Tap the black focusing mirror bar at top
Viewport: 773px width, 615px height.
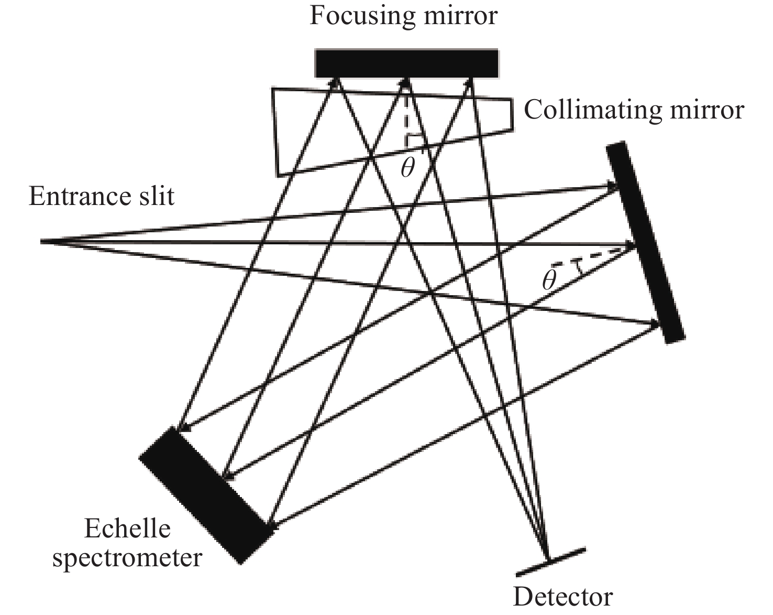406,63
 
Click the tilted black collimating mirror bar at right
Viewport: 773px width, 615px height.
645,242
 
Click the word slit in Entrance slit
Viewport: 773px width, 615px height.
156,197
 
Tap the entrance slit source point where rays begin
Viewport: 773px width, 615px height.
42,242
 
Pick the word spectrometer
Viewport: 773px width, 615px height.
127,557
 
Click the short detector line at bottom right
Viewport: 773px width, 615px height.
550,562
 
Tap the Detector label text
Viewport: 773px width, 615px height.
563,597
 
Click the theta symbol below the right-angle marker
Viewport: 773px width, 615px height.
407,168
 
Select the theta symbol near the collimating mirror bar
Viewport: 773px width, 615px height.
548,281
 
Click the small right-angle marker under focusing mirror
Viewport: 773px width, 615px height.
413,141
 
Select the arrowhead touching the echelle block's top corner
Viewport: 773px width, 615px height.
181,428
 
